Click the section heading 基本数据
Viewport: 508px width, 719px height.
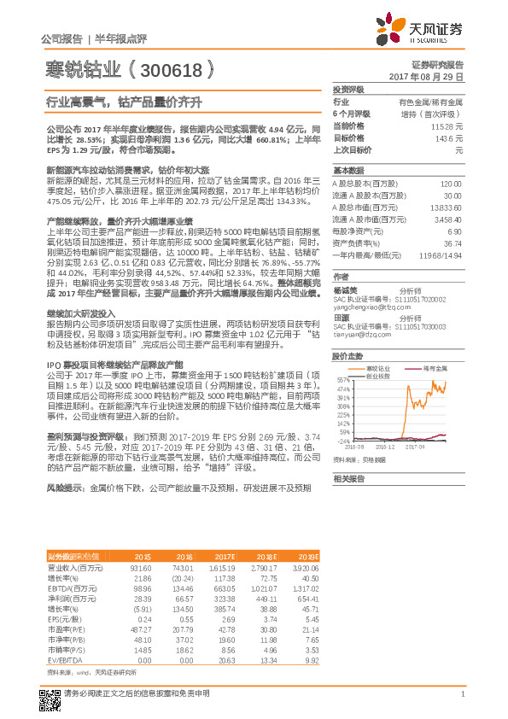click(348, 170)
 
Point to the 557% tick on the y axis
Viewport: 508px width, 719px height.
click(342, 380)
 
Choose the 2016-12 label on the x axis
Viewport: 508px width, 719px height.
click(385, 445)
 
